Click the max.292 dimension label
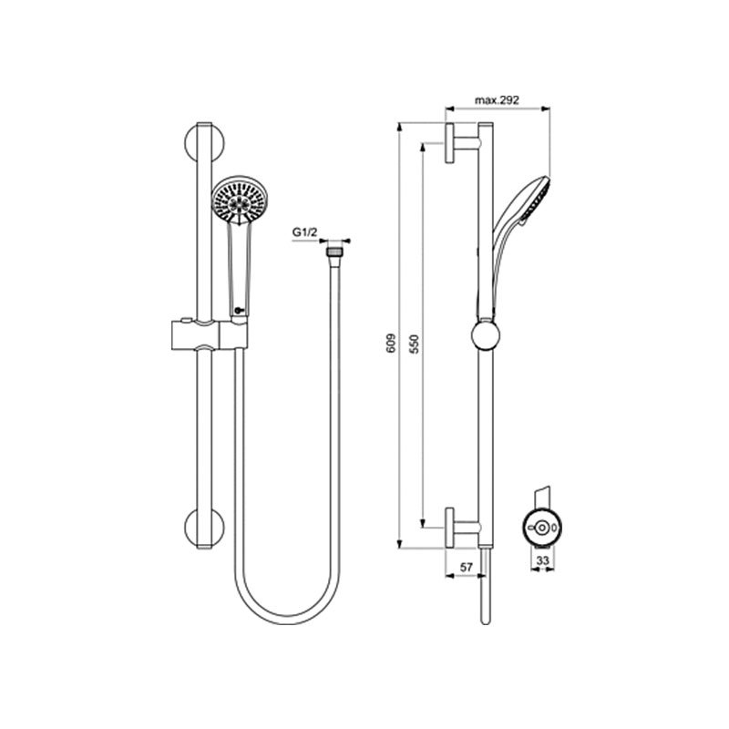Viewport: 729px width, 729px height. tap(497, 100)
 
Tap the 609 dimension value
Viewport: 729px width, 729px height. tap(392, 344)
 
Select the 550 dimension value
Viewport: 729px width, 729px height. tap(415, 344)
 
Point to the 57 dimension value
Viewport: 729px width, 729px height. tap(466, 567)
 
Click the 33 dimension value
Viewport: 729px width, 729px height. tap(542, 560)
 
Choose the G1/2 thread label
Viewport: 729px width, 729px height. tap(304, 232)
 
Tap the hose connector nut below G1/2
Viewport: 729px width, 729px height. tap(333, 252)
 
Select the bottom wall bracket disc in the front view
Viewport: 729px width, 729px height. tap(205, 529)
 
